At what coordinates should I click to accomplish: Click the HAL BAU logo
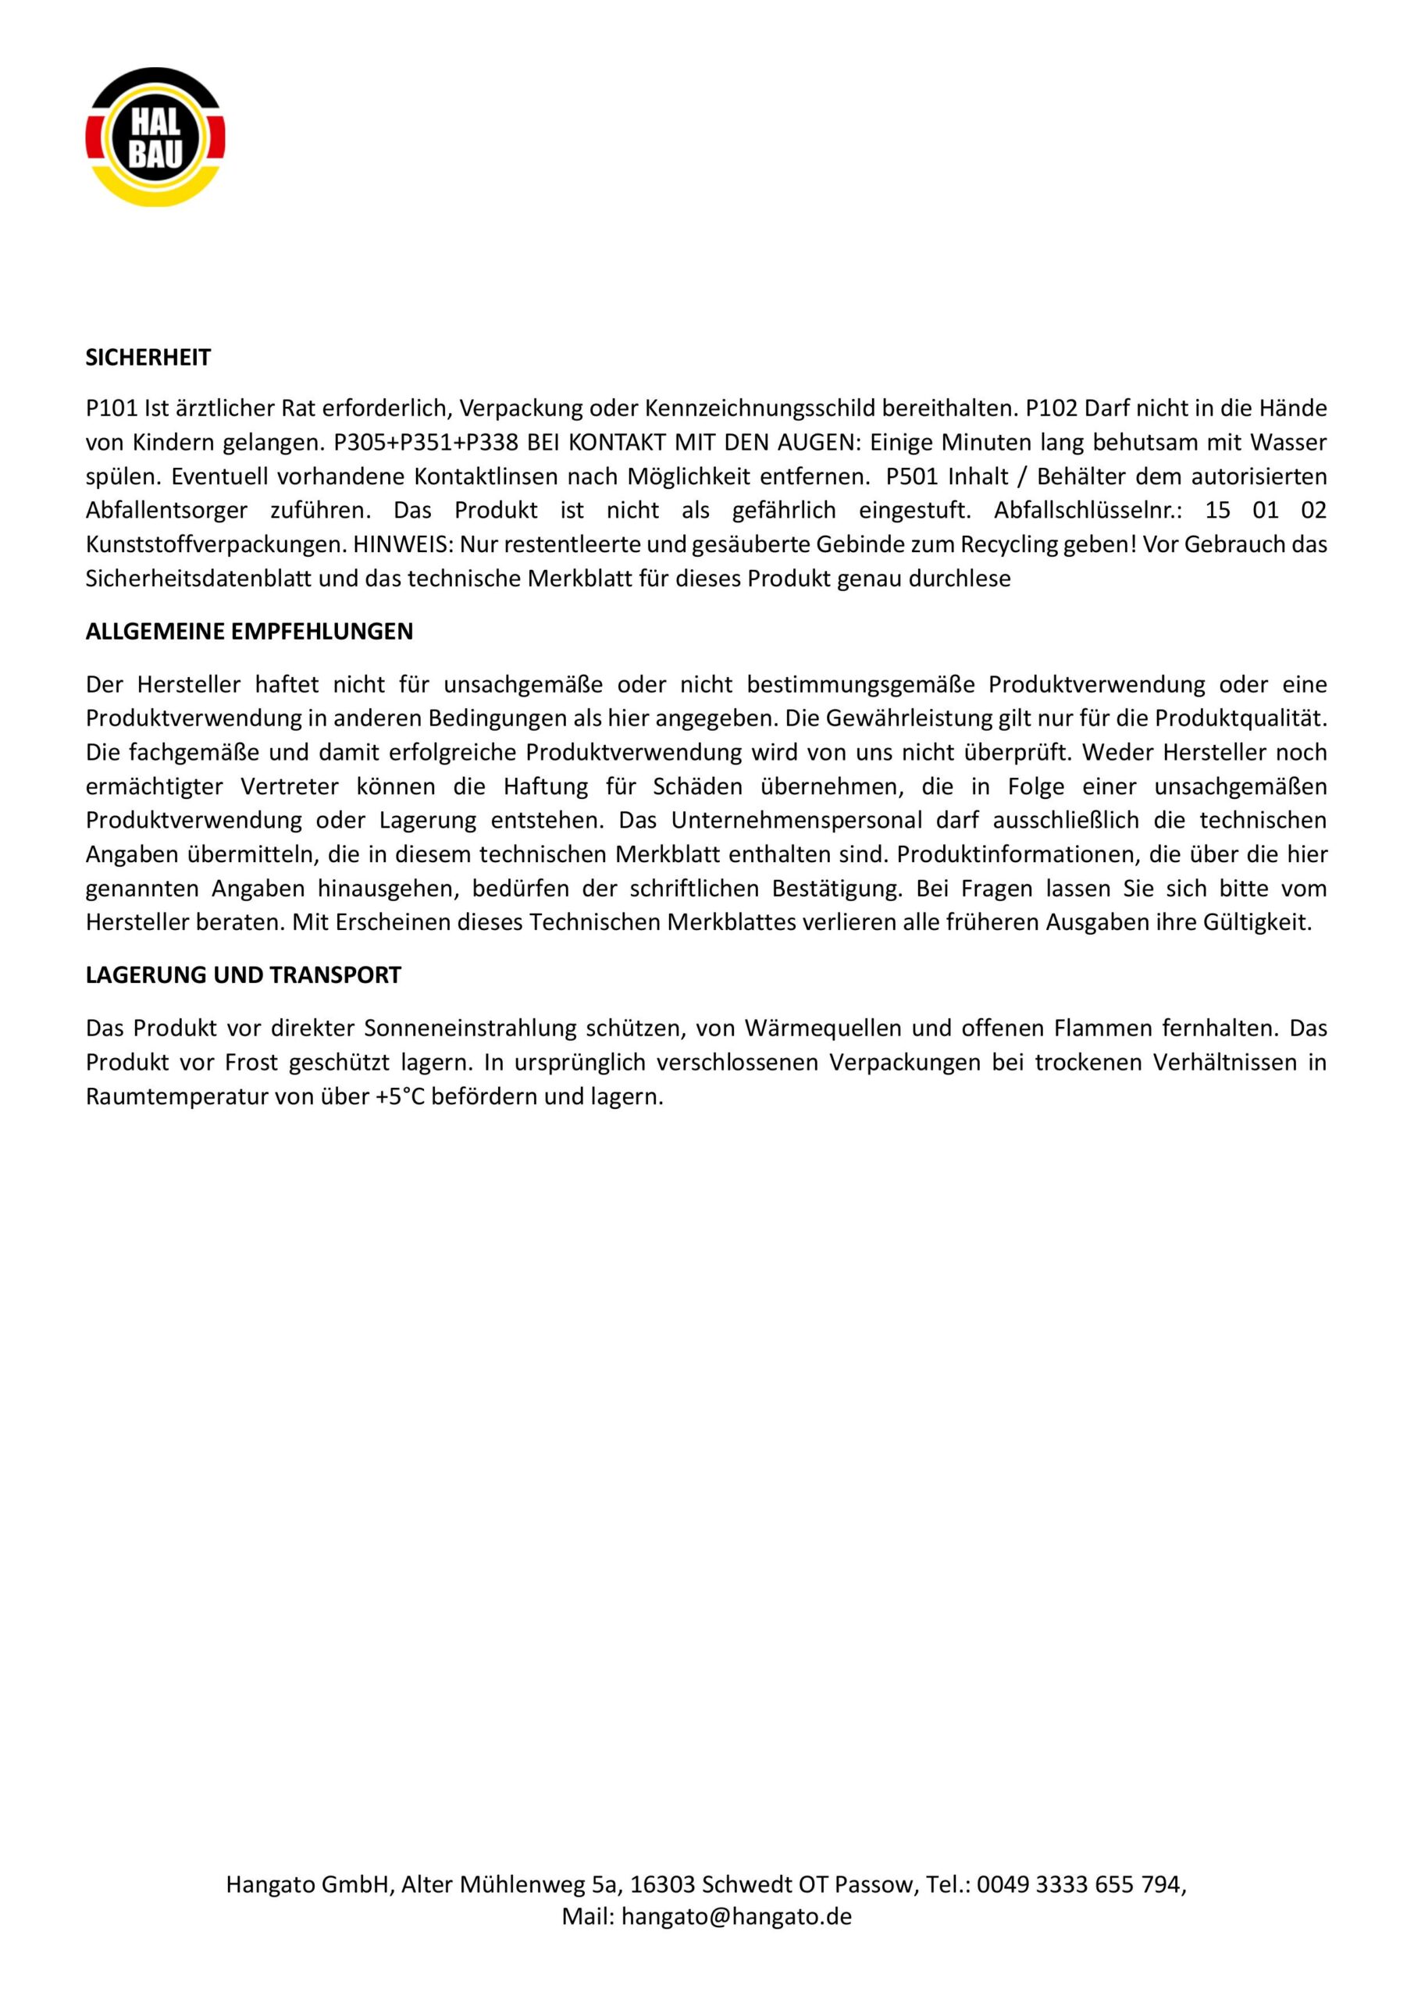point(155,138)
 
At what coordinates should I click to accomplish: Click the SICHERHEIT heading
point(148,357)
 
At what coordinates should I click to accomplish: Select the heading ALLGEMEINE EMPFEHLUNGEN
point(249,631)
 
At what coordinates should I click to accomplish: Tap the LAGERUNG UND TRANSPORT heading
point(243,975)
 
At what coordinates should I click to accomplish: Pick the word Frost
point(251,1062)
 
